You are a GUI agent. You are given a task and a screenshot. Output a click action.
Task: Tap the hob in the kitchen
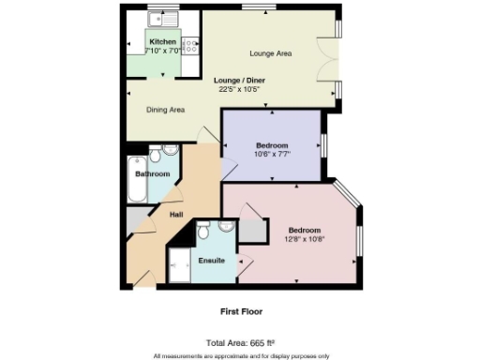point(189,44)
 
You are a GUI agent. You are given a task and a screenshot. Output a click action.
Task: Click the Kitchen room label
point(162,42)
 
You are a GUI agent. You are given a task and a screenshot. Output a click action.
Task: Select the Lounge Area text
point(270,53)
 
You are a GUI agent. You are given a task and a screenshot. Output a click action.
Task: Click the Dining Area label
point(165,110)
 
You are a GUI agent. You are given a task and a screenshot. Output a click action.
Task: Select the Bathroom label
point(152,174)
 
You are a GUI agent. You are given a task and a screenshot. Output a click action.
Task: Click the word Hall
point(175,215)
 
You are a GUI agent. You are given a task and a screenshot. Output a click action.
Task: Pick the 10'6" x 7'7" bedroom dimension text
point(273,155)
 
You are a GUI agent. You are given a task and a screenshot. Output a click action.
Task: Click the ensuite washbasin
point(226,227)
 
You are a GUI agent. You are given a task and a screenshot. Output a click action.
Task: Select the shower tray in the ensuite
point(179,264)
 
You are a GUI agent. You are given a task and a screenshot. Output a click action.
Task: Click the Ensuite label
point(211,260)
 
